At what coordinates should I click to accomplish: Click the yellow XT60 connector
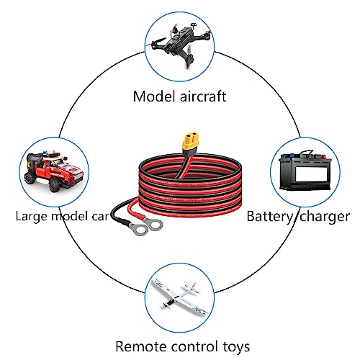(x=191, y=141)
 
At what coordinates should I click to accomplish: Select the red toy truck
(x=53, y=171)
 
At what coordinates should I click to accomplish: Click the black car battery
(x=305, y=171)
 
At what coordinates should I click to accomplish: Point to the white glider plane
(x=179, y=297)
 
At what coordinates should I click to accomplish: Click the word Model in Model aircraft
(x=154, y=96)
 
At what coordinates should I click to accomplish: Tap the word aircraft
(x=203, y=96)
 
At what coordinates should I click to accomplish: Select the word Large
(x=32, y=217)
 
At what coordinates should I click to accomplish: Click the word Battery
(x=269, y=217)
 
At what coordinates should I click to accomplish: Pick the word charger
(x=325, y=217)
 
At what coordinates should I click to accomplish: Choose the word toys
(x=236, y=347)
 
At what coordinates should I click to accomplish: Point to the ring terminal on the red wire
(x=153, y=225)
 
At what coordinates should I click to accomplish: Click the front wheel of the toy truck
(x=54, y=185)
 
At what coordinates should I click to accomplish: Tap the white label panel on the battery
(x=311, y=174)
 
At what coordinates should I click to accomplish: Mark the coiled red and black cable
(x=190, y=186)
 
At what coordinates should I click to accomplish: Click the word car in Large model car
(x=100, y=217)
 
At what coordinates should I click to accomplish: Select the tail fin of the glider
(x=192, y=288)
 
